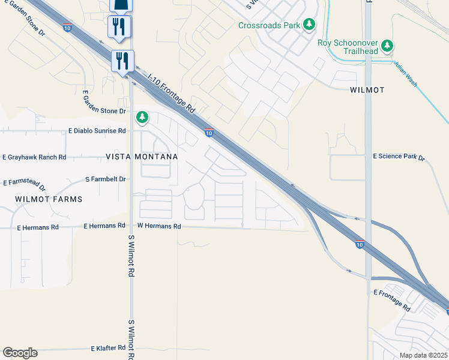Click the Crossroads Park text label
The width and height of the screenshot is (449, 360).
[269, 25]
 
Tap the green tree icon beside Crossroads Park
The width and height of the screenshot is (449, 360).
[309, 24]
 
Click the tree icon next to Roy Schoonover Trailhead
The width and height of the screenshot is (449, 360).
[388, 45]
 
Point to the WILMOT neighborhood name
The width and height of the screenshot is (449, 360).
[367, 90]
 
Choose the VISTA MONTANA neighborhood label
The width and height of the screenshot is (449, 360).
[142, 157]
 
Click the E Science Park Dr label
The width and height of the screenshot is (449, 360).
[399, 157]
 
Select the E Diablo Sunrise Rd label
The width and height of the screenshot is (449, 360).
[97, 130]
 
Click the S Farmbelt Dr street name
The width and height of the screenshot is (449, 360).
[106, 179]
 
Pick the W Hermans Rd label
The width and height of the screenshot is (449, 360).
[159, 226]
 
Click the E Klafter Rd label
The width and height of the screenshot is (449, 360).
[108, 348]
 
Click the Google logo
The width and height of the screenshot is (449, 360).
[20, 353]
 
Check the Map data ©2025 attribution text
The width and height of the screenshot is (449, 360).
[423, 355]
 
